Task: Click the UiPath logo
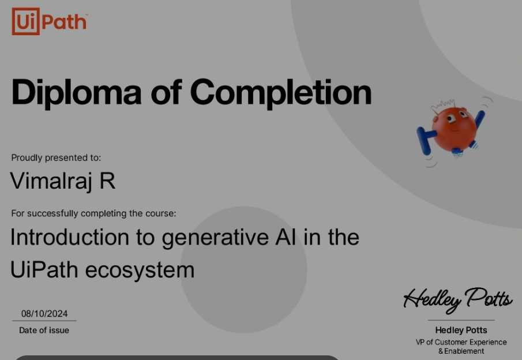click(50, 22)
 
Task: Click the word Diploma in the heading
click(76, 92)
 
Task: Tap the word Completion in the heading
click(281, 92)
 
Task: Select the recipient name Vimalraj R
click(63, 181)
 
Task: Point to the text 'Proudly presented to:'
click(56, 157)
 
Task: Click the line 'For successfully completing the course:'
click(93, 213)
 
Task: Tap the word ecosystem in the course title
click(140, 271)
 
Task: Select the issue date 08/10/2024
click(44, 314)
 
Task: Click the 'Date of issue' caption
click(44, 331)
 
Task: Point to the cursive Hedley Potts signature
click(458, 300)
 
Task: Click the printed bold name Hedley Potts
click(461, 330)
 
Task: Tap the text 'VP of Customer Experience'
click(461, 342)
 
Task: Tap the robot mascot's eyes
click(457, 117)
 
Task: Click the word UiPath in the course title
click(44, 270)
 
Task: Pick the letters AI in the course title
click(286, 237)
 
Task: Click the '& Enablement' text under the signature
click(461, 351)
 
